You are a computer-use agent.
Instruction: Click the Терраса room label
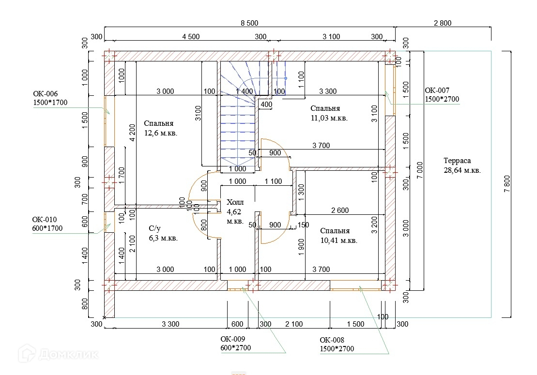(x=457, y=161)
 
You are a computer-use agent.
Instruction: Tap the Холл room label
(x=235, y=202)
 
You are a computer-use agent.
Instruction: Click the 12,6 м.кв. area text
(x=160, y=133)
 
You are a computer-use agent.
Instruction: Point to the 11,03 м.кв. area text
(x=329, y=118)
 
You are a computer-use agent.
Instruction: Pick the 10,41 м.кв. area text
(x=338, y=240)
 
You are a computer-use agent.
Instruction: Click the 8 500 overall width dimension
(x=249, y=23)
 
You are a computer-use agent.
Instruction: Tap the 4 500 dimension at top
(x=190, y=37)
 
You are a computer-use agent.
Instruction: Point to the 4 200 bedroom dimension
(x=131, y=133)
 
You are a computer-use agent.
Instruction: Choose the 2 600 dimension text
(x=339, y=210)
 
